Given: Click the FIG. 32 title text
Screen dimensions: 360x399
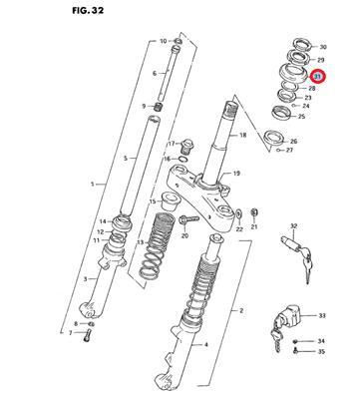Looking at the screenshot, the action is pyautogui.click(x=88, y=11).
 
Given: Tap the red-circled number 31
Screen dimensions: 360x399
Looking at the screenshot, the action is pyautogui.click(x=318, y=77).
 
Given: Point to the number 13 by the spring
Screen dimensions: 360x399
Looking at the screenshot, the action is pyautogui.click(x=141, y=242).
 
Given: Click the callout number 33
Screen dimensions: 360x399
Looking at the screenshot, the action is pyautogui.click(x=322, y=315).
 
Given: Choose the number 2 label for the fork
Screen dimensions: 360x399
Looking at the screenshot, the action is pyautogui.click(x=241, y=310).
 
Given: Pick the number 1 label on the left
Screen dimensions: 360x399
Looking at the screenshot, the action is pyautogui.click(x=93, y=184).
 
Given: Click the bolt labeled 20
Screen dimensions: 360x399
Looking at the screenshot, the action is pyautogui.click(x=188, y=219).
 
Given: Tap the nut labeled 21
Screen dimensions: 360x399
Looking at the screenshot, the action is pyautogui.click(x=254, y=211).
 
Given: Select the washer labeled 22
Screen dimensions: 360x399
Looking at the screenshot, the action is pyautogui.click(x=238, y=213).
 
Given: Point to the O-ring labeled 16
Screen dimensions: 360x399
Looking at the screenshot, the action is pyautogui.click(x=182, y=159).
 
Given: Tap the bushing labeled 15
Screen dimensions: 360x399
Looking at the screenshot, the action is pyautogui.click(x=172, y=200).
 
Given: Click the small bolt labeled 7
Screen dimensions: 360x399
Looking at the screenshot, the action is pyautogui.click(x=87, y=335).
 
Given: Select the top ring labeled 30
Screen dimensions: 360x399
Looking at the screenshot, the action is pyautogui.click(x=302, y=44).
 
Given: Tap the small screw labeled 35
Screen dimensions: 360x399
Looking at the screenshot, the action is pyautogui.click(x=296, y=350).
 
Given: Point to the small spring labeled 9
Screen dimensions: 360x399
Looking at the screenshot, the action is pyautogui.click(x=160, y=107).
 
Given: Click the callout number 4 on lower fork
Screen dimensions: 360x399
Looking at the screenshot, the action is pyautogui.click(x=205, y=345).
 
